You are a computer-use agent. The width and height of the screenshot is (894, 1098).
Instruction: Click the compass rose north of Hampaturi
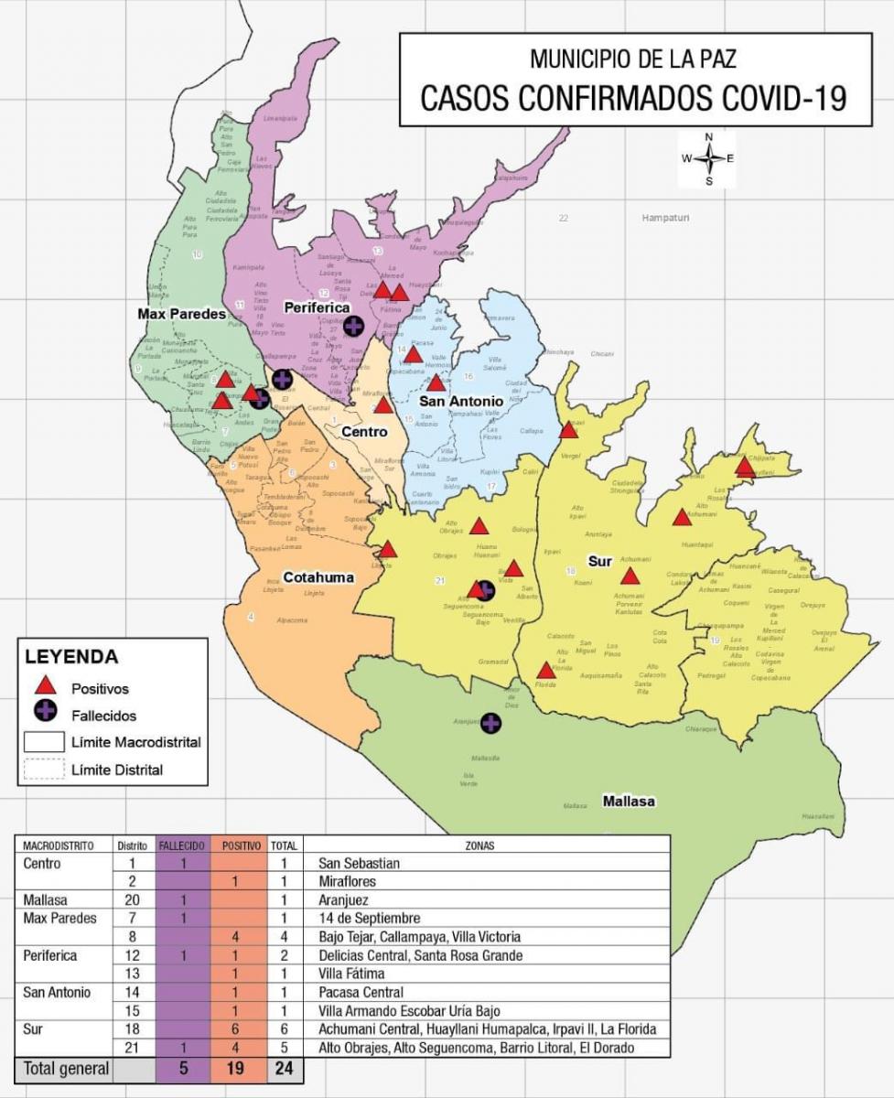pyautogui.click(x=707, y=158)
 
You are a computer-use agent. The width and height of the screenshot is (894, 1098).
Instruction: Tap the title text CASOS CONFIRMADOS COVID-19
pyautogui.click(x=633, y=98)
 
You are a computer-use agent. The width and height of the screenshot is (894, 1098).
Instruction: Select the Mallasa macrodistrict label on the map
pyautogui.click(x=628, y=802)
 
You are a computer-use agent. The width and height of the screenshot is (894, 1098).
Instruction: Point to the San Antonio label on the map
pyautogui.click(x=461, y=401)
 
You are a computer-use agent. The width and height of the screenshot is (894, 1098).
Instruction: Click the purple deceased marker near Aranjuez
pyautogui.click(x=491, y=723)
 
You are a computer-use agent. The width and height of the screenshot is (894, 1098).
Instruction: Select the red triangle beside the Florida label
pyautogui.click(x=545, y=670)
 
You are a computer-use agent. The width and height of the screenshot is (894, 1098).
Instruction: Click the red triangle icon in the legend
pyautogui.click(x=46, y=686)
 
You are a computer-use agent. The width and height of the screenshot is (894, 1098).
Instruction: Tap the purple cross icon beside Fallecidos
pyautogui.click(x=46, y=714)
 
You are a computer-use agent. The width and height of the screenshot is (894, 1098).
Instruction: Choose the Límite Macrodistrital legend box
pyautogui.click(x=44, y=742)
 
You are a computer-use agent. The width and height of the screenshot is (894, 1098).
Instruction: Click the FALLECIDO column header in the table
pyautogui.click(x=183, y=845)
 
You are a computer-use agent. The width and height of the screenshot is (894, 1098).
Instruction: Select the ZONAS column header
pyautogui.click(x=486, y=845)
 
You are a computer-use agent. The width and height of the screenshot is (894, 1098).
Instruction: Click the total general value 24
pyautogui.click(x=283, y=1068)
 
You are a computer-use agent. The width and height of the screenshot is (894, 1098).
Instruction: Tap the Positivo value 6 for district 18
pyautogui.click(x=236, y=1029)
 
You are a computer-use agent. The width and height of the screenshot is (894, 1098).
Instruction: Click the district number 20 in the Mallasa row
pyautogui.click(x=132, y=900)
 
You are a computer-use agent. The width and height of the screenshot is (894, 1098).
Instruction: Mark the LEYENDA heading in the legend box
pyautogui.click(x=71, y=657)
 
